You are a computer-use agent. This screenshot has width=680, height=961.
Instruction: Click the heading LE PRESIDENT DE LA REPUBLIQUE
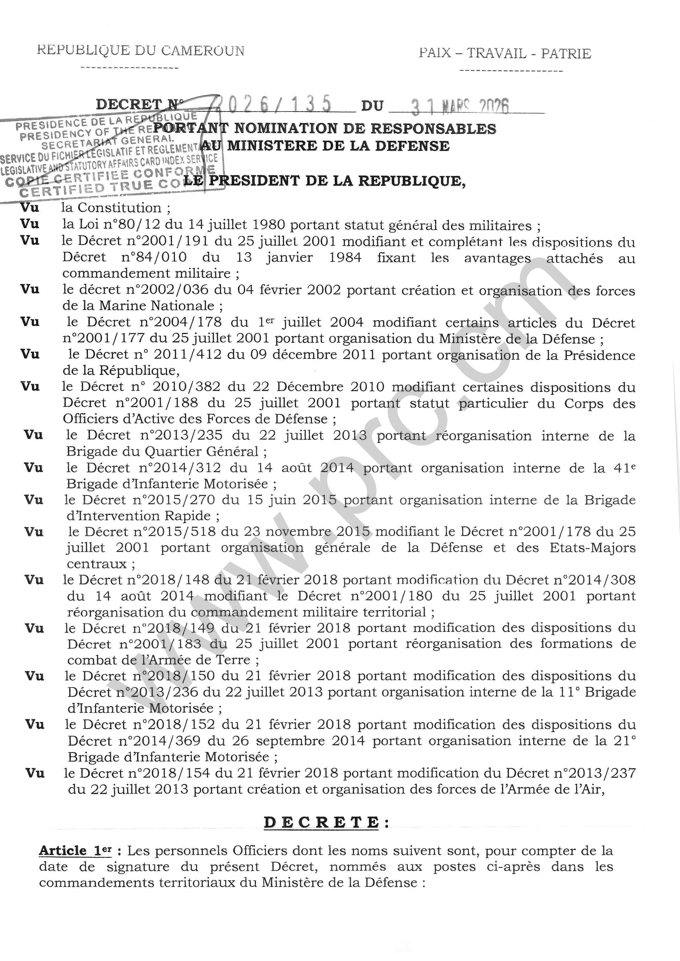[324, 181]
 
